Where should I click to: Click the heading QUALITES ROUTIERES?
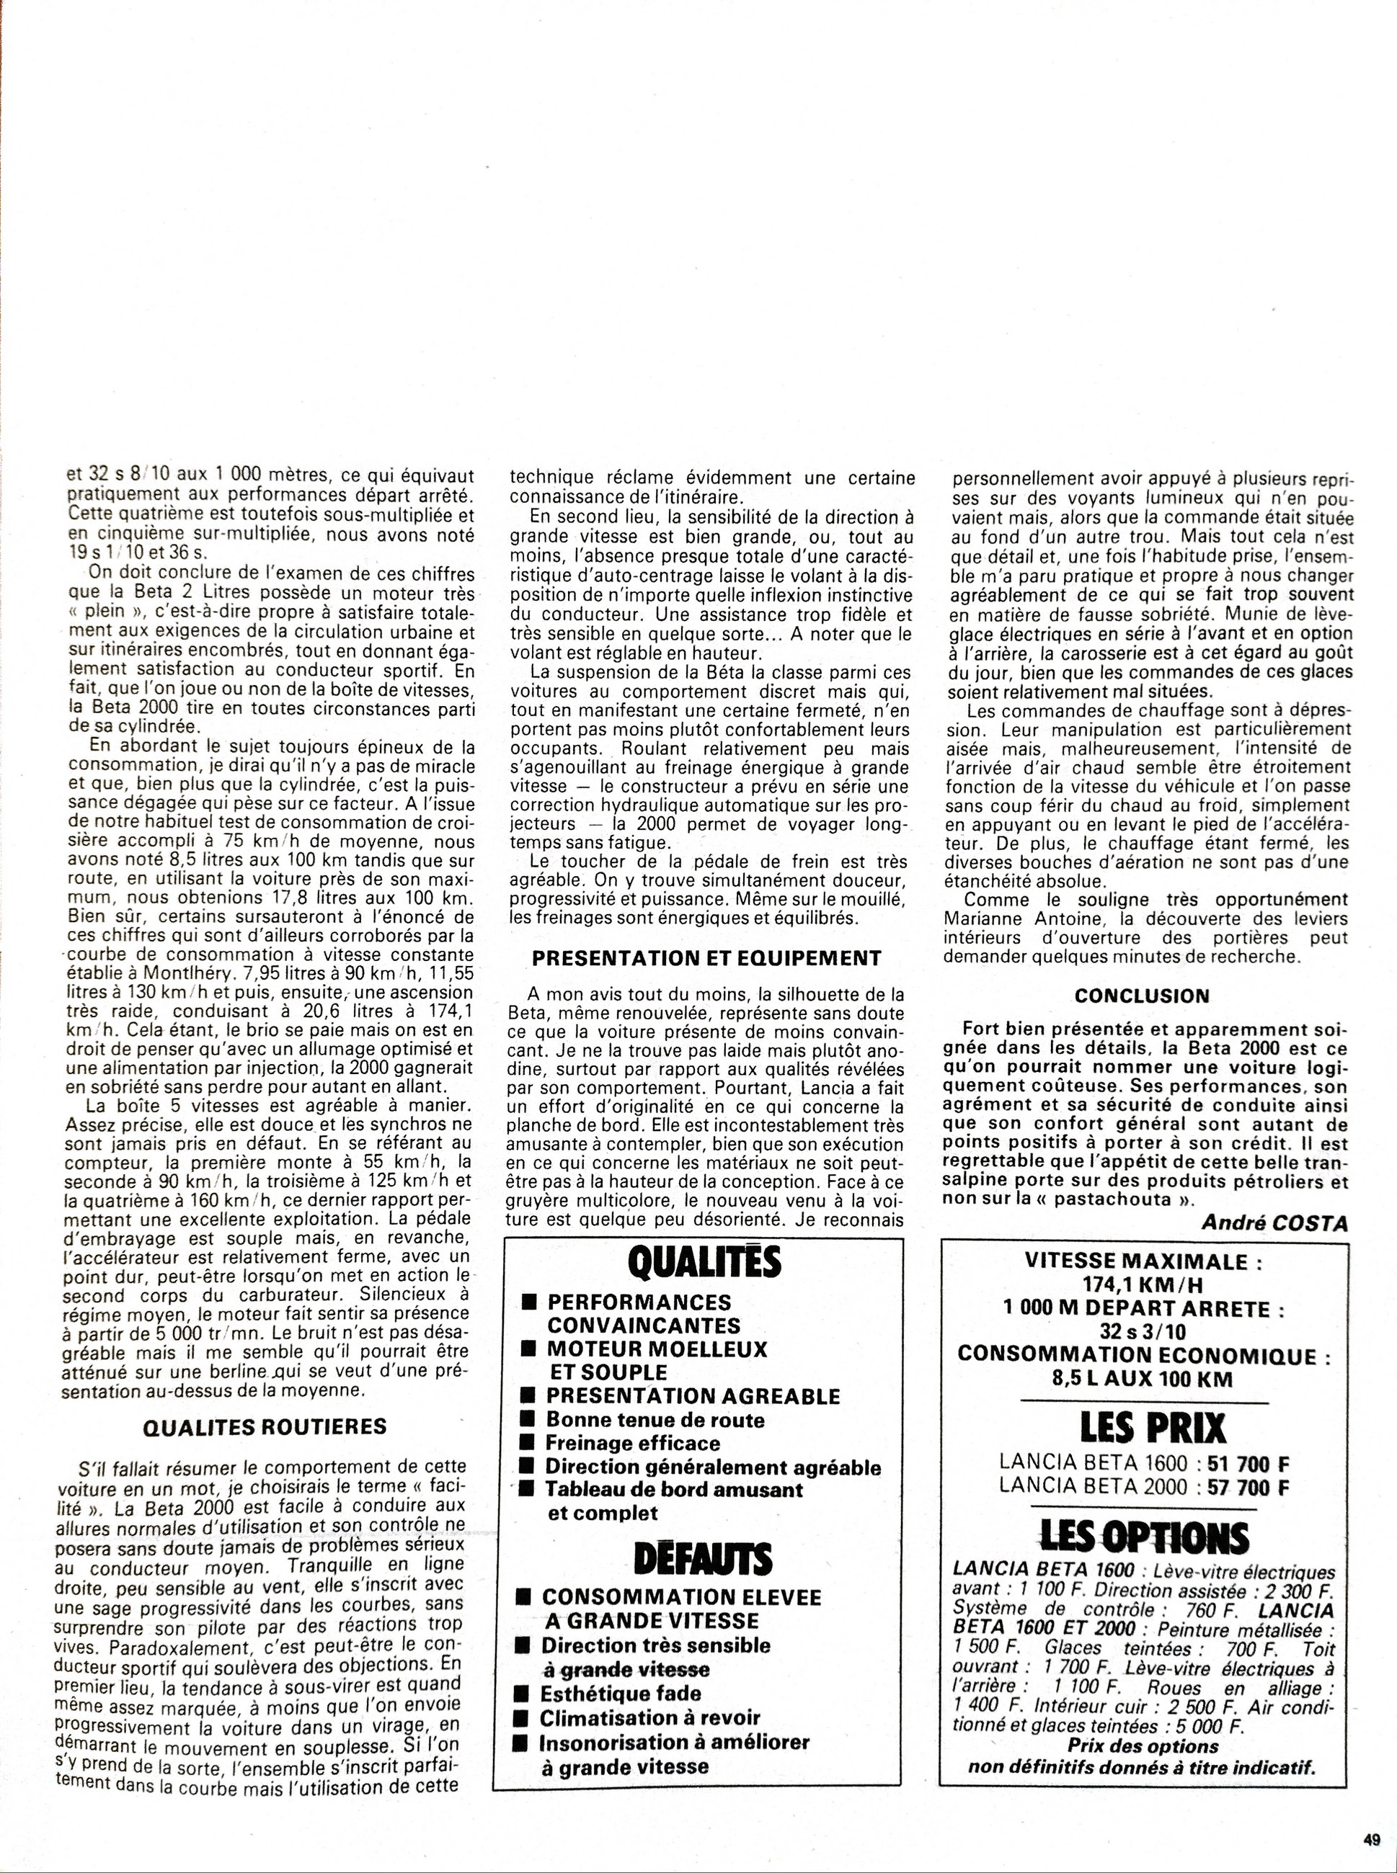coord(265,1427)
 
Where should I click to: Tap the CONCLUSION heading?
coord(1142,996)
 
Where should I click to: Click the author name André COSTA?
coord(1274,1223)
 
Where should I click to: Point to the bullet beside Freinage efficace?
coord(528,1444)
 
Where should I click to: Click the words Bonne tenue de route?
coord(655,1420)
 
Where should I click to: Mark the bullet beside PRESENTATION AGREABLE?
coord(528,1396)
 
